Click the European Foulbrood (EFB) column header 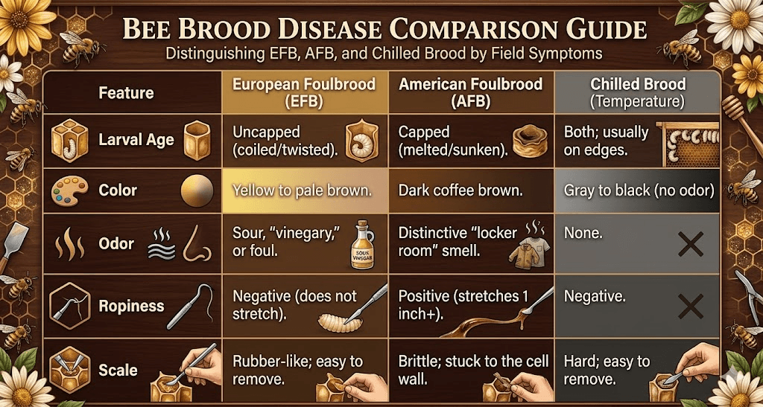(x=304, y=92)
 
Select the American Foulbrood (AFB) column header (x=471, y=92)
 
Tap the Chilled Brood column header (x=638, y=92)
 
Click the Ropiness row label (x=131, y=306)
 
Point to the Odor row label (x=115, y=243)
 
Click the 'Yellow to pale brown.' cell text (x=303, y=190)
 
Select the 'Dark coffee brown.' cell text (x=460, y=190)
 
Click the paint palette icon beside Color (x=69, y=190)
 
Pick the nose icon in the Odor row (x=197, y=244)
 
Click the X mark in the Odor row (x=691, y=244)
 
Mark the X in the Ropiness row (x=691, y=307)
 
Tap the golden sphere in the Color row (x=197, y=191)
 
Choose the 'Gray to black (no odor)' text (x=639, y=190)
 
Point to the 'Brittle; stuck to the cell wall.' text (x=473, y=370)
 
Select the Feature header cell (x=126, y=93)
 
